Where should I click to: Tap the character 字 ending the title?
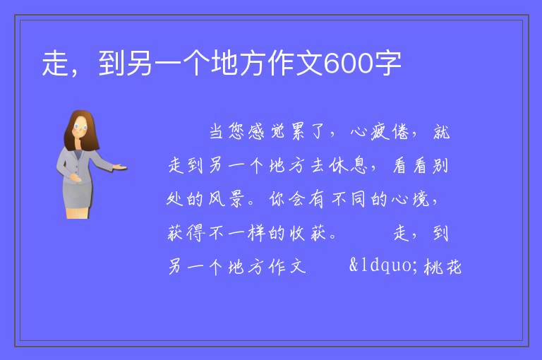tap(387, 64)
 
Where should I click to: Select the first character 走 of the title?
tap(55, 64)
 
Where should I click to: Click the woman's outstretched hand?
tap(119, 168)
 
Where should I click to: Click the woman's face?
tap(80, 127)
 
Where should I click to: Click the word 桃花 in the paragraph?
tap(442, 267)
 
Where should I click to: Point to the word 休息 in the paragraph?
tap(348, 165)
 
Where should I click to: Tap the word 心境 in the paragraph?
tap(411, 199)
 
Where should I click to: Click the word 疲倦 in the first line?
tap(390, 132)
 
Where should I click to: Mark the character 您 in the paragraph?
tap(237, 132)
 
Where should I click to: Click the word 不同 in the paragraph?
tap(349, 199)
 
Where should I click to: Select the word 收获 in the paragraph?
tap(308, 233)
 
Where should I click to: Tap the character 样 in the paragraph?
tap(256, 233)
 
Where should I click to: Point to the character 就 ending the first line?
tap(441, 132)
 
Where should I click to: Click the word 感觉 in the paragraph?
tap(267, 132)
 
